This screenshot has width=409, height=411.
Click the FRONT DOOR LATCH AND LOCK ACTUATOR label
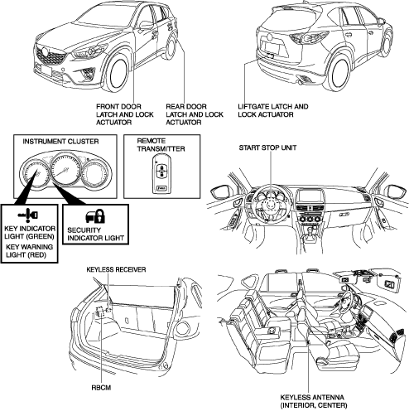125,114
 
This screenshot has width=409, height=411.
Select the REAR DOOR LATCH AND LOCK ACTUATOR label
195,114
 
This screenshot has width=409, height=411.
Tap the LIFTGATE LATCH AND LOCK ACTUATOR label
273,110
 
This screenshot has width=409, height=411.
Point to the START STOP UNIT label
267,147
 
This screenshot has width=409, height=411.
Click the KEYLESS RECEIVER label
116,269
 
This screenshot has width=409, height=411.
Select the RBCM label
101,388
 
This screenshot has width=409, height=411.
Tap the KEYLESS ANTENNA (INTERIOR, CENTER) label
314,401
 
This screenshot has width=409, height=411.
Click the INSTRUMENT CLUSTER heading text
60,142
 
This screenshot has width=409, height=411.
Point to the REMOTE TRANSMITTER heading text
161,145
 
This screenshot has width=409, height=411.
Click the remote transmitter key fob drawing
161,175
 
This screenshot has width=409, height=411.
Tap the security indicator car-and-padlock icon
95,216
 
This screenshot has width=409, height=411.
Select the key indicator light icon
28,215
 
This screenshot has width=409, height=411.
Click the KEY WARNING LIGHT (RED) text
29,250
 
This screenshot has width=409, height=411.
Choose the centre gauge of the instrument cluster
65,170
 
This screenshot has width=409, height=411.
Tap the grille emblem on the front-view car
44,52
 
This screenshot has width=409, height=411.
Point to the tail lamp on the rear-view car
309,37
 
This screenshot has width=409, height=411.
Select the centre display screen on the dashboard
309,197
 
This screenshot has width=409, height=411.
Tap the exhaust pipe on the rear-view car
299,82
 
